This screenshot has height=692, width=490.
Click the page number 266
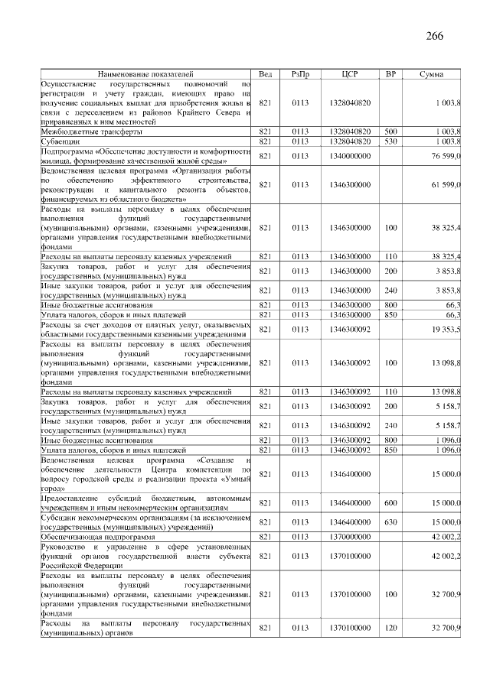point(434,36)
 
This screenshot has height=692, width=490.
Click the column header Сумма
point(431,73)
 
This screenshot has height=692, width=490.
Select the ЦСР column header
point(350,73)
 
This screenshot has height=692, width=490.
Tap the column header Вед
point(266,73)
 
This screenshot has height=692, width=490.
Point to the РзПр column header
point(300,73)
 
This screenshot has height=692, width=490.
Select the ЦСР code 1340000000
point(350,156)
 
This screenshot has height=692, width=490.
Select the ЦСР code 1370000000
point(350,538)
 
